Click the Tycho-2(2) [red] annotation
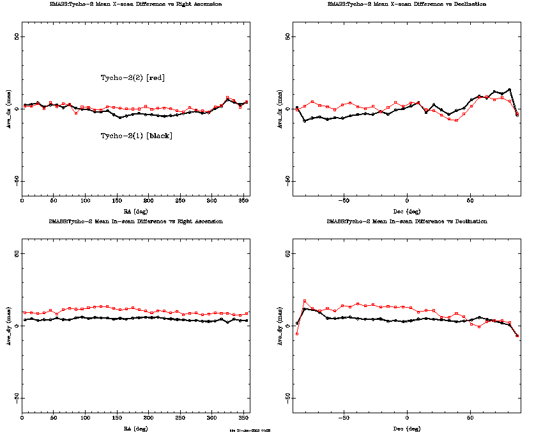pyautogui.click(x=133, y=77)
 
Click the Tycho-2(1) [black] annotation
pyautogui.click(x=136, y=136)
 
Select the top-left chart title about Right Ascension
pyautogui.click(x=136, y=4)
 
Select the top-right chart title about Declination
pyautogui.click(x=406, y=4)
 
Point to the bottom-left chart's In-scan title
pyautogui.click(x=136, y=221)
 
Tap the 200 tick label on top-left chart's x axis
pyautogui.click(x=148, y=202)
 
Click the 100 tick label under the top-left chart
pyautogui.click(x=85, y=202)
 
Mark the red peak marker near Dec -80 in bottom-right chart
pyautogui.click(x=305, y=301)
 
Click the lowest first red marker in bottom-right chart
pyautogui.click(x=297, y=334)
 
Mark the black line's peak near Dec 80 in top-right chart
pyautogui.click(x=509, y=90)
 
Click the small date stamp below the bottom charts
pyautogui.click(x=250, y=431)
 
